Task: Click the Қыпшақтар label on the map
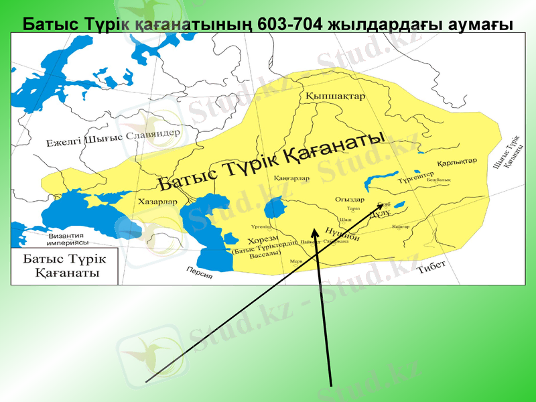pos(335,96)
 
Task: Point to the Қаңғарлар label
pos(291,179)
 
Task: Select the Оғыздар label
pos(349,200)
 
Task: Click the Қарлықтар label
pos(457,163)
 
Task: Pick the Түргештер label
pos(417,178)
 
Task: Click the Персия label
pos(200,272)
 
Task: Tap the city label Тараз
pos(354,208)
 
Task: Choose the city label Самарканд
pos(336,241)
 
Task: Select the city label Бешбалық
pos(439,180)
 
